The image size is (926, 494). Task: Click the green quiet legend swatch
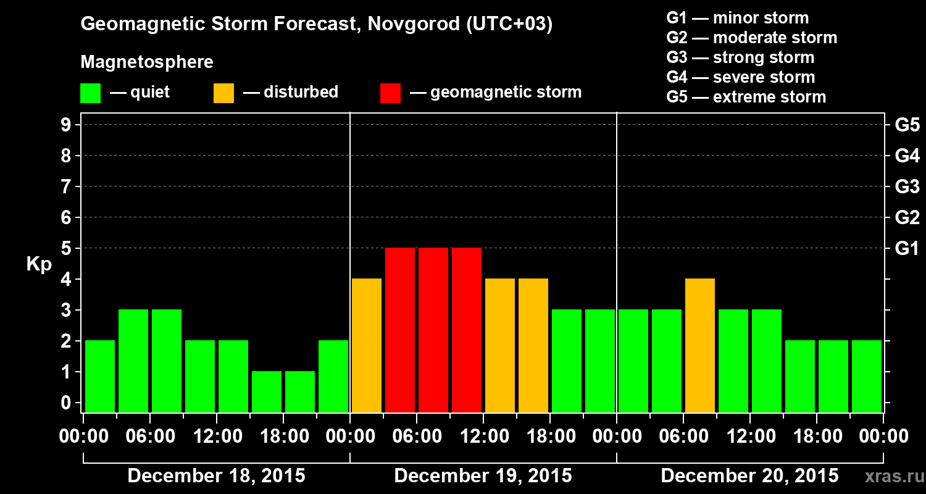point(90,93)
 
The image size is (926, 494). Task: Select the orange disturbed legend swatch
point(223,93)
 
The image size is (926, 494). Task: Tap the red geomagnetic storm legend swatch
point(390,93)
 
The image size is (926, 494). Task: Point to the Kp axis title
point(39,264)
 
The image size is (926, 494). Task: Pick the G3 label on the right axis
point(907,186)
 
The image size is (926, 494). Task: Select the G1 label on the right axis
point(907,248)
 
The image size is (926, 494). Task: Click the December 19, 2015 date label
point(483,476)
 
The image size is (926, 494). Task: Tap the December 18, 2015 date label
point(216,476)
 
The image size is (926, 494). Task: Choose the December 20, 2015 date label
point(749,476)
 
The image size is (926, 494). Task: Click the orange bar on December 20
point(700,345)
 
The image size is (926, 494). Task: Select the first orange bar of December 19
point(367,345)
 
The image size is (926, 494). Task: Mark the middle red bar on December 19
point(433,330)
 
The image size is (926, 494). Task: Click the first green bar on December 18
point(100,376)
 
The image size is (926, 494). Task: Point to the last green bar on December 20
point(867,376)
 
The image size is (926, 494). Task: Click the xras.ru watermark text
point(889,476)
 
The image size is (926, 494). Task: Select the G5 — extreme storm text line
point(746,97)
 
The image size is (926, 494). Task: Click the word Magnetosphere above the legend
point(147,62)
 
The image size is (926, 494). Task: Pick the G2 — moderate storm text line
point(752,38)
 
